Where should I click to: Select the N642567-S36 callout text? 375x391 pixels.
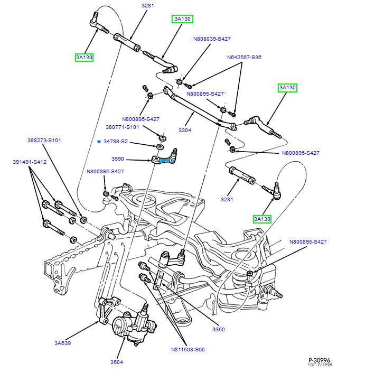coord(244,57)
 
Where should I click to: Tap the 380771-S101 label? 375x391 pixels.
coord(121,127)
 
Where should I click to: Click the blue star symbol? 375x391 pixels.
coord(98,142)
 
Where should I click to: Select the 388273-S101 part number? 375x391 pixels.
coord(44,141)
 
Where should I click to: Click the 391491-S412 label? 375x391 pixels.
coord(30,162)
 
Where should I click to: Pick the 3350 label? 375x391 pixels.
coord(219,329)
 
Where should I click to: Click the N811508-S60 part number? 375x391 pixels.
coord(187,349)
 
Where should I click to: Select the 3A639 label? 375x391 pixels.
coord(62,343)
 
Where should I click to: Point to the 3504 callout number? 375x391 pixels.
coord(117,362)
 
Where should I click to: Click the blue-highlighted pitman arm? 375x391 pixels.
coord(168,158)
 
